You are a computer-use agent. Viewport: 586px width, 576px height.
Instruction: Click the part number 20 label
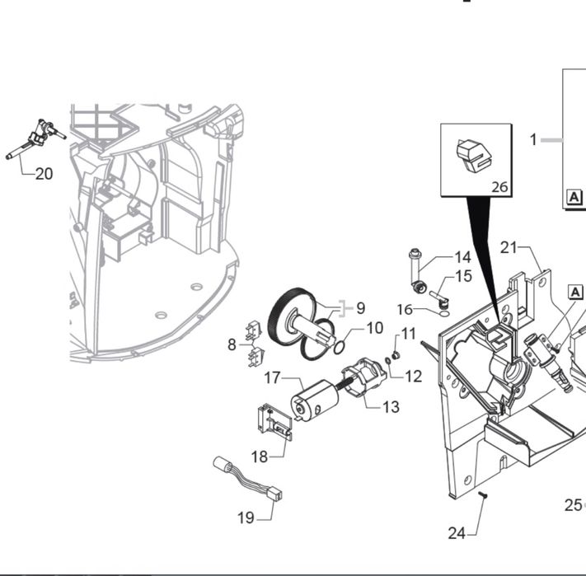click(x=45, y=174)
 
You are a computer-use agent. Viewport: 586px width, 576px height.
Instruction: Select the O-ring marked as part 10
click(x=339, y=348)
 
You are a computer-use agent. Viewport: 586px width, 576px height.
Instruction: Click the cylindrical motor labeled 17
click(x=315, y=400)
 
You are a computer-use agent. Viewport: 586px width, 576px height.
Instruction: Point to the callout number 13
click(x=391, y=407)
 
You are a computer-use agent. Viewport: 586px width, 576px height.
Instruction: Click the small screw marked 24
click(x=483, y=495)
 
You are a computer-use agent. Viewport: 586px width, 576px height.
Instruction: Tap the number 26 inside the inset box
click(x=500, y=187)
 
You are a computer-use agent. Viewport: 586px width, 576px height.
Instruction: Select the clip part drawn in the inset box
click(x=474, y=156)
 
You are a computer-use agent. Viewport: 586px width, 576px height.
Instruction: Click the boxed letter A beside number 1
click(x=574, y=196)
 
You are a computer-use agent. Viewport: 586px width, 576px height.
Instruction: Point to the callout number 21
click(x=509, y=247)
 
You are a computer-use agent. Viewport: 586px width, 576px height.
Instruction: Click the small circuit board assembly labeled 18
click(x=274, y=421)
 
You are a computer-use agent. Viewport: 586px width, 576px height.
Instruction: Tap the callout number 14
click(x=462, y=257)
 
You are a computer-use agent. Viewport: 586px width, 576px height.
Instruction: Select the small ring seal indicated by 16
click(x=444, y=313)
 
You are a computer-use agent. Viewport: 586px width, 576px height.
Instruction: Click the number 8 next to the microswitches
click(x=232, y=344)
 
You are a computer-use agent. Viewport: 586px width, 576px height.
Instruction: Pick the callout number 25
click(x=574, y=505)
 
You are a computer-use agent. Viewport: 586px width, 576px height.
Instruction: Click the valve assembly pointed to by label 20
click(x=36, y=139)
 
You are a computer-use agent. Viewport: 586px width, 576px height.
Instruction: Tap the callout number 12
click(x=414, y=376)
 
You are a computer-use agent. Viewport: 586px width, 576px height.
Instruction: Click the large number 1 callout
click(x=533, y=140)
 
